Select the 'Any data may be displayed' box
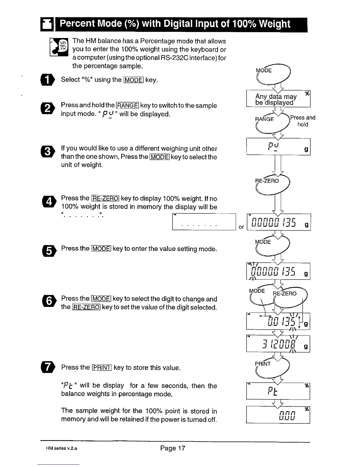[278, 99]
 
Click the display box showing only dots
[204, 222]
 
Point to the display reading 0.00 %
[278, 415]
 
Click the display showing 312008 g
[278, 344]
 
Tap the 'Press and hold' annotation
[303, 121]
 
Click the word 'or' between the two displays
[241, 227]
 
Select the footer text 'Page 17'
[173, 448]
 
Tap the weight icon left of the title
[47, 24]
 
